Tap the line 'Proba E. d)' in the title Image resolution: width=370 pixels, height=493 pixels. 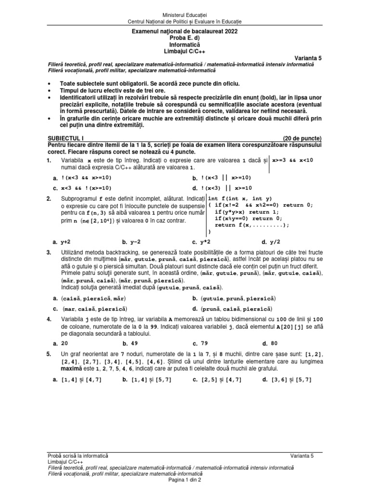pos(185,38)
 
